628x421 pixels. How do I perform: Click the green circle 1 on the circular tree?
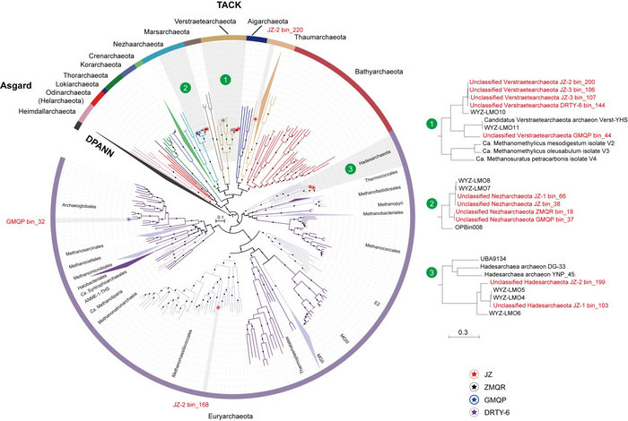coord(226,79)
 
